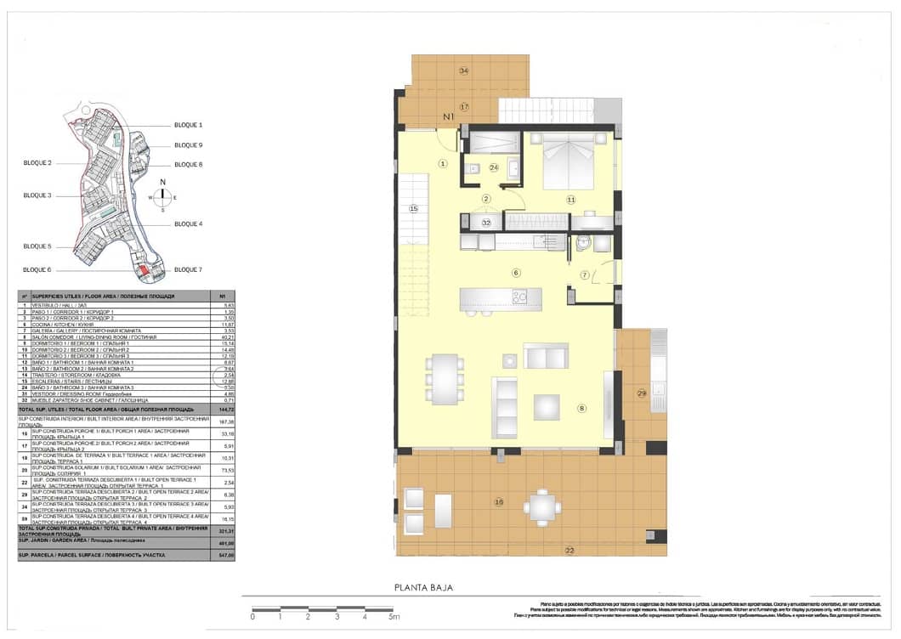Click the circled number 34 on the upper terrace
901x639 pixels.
tap(463, 71)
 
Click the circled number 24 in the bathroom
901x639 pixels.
tap(494, 167)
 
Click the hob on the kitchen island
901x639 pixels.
tap(519, 297)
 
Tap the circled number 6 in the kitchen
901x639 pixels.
tap(515, 272)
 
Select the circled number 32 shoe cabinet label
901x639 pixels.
tap(486, 223)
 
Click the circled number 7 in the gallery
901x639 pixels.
tap(584, 274)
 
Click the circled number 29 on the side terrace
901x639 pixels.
tap(642, 393)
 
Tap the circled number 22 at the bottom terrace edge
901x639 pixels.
tap(569, 550)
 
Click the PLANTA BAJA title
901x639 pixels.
tap(423, 587)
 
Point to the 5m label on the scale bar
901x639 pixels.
tap(394, 617)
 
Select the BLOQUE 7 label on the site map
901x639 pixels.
tap(188, 269)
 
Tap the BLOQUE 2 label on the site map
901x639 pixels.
tap(37, 162)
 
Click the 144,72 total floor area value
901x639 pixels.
tap(225, 410)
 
